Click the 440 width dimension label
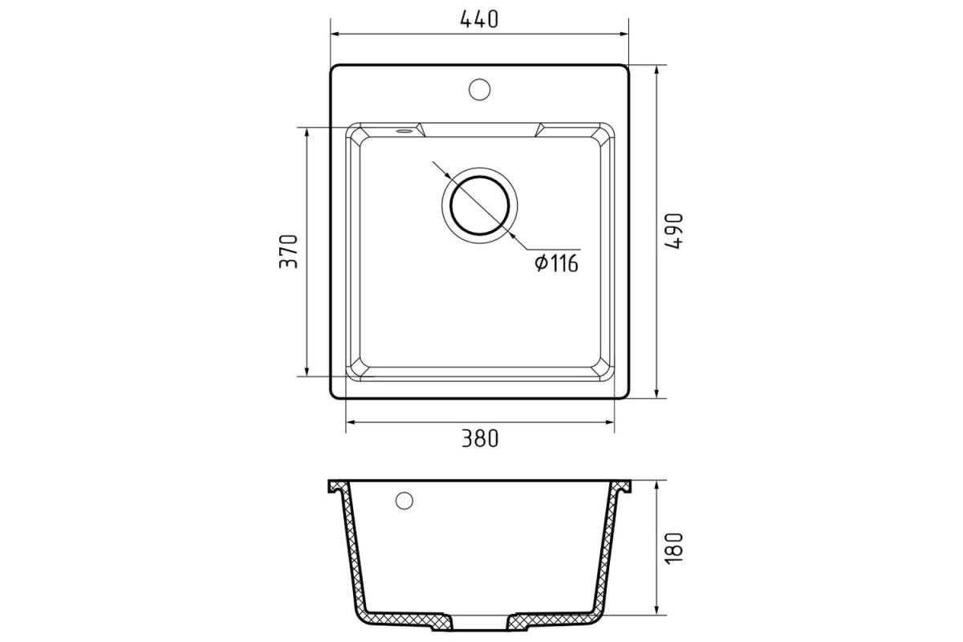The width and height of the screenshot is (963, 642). coord(479,19)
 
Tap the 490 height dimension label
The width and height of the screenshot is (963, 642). coord(673,231)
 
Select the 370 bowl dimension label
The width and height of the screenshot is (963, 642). coord(288,251)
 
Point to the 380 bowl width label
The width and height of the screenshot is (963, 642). coord(480,439)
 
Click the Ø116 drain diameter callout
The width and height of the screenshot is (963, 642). coord(557,263)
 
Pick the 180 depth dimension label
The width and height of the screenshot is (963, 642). coord(673,549)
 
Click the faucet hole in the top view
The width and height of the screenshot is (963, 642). coord(479,89)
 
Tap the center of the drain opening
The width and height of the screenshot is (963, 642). coord(479,205)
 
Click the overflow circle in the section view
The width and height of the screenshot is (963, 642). coord(404,501)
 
